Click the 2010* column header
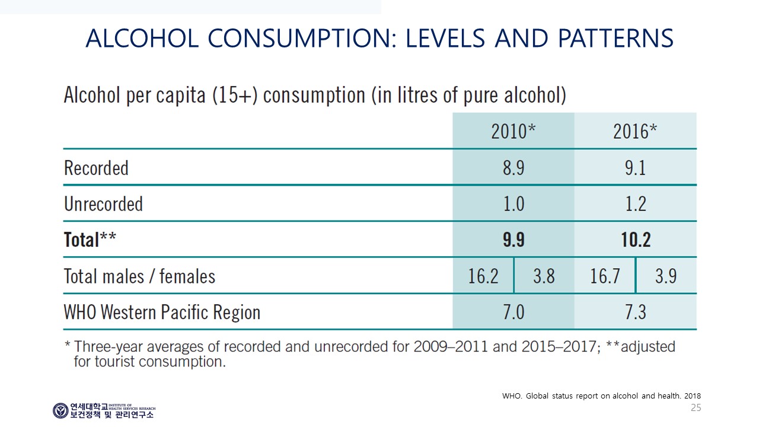[514, 131]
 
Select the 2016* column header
[635, 131]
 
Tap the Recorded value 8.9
[514, 168]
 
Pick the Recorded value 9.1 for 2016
[635, 168]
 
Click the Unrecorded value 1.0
[514, 204]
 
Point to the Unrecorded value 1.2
[636, 204]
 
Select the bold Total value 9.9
[514, 240]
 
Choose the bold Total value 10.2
[636, 240]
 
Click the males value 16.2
[483, 276]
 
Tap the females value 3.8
[544, 276]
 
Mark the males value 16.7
[605, 276]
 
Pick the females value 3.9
[666, 276]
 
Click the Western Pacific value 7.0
[514, 312]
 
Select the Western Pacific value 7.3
[636, 312]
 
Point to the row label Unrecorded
[103, 204]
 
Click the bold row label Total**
[90, 240]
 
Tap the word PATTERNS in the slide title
[616, 38]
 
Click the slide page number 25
[696, 407]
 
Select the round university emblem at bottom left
[60, 411]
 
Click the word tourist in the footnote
[115, 362]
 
